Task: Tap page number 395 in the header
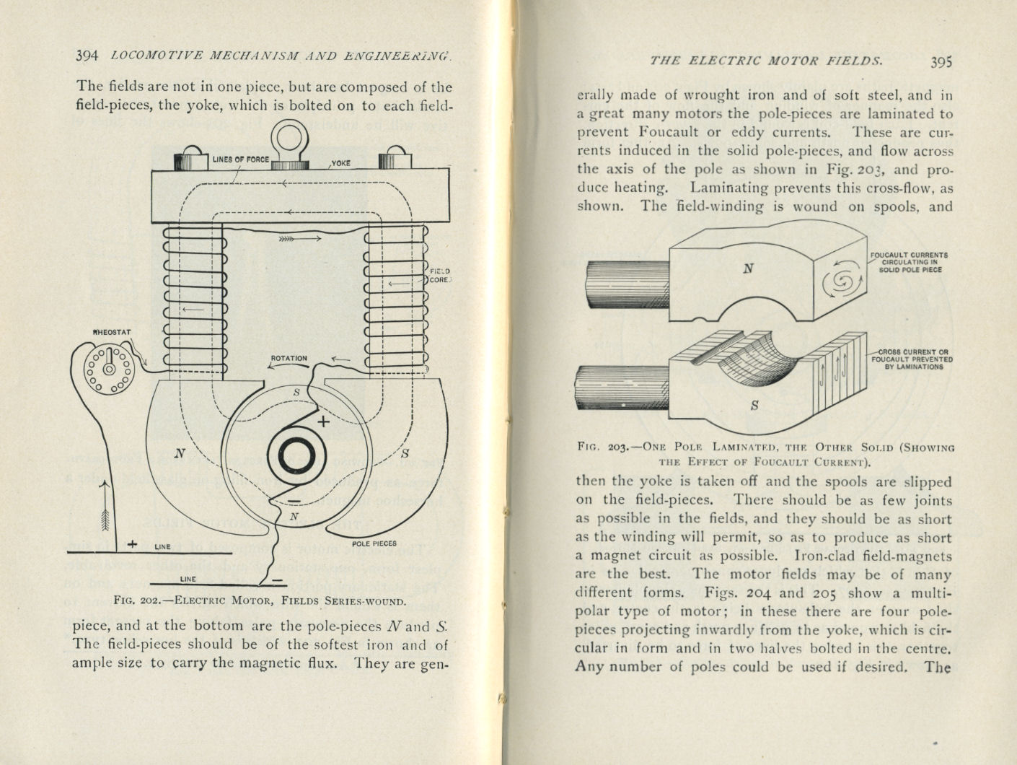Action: (x=941, y=61)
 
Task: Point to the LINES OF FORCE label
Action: (x=240, y=159)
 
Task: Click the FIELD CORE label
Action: (x=439, y=276)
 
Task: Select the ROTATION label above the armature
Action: (x=289, y=359)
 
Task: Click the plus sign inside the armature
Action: (x=322, y=421)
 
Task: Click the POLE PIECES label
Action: (x=374, y=543)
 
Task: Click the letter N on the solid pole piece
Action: (x=748, y=268)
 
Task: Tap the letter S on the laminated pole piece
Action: (x=754, y=406)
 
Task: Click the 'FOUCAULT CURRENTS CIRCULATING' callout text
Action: (x=909, y=262)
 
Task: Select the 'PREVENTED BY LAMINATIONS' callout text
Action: (x=912, y=359)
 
